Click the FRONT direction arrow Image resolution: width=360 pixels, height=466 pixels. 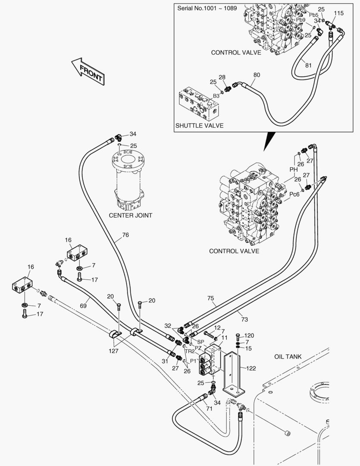88,72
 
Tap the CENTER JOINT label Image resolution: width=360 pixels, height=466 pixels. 130,215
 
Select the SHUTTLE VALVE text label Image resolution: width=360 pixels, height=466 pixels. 199,126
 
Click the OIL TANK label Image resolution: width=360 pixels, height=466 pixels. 288,356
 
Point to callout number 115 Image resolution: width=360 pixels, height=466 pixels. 338,13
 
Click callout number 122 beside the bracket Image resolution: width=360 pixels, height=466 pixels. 251,368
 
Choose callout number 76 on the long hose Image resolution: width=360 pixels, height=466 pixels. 125,235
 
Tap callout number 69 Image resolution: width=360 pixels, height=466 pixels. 83,305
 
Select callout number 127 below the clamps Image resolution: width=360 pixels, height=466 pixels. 113,351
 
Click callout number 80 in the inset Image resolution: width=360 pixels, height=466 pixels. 257,75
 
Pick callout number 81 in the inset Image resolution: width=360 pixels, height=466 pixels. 309,65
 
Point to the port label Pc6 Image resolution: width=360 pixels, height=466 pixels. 294,194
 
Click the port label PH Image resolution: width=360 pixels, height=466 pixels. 294,170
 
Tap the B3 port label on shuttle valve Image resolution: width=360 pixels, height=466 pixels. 216,96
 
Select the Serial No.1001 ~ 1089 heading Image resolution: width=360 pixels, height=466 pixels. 207,8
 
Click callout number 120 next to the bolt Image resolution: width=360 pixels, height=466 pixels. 249,336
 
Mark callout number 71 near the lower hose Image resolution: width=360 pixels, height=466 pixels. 210,409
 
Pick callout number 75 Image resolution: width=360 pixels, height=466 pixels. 210,298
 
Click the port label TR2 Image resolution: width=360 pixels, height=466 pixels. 190,351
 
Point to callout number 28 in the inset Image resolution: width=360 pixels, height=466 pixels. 222,77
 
